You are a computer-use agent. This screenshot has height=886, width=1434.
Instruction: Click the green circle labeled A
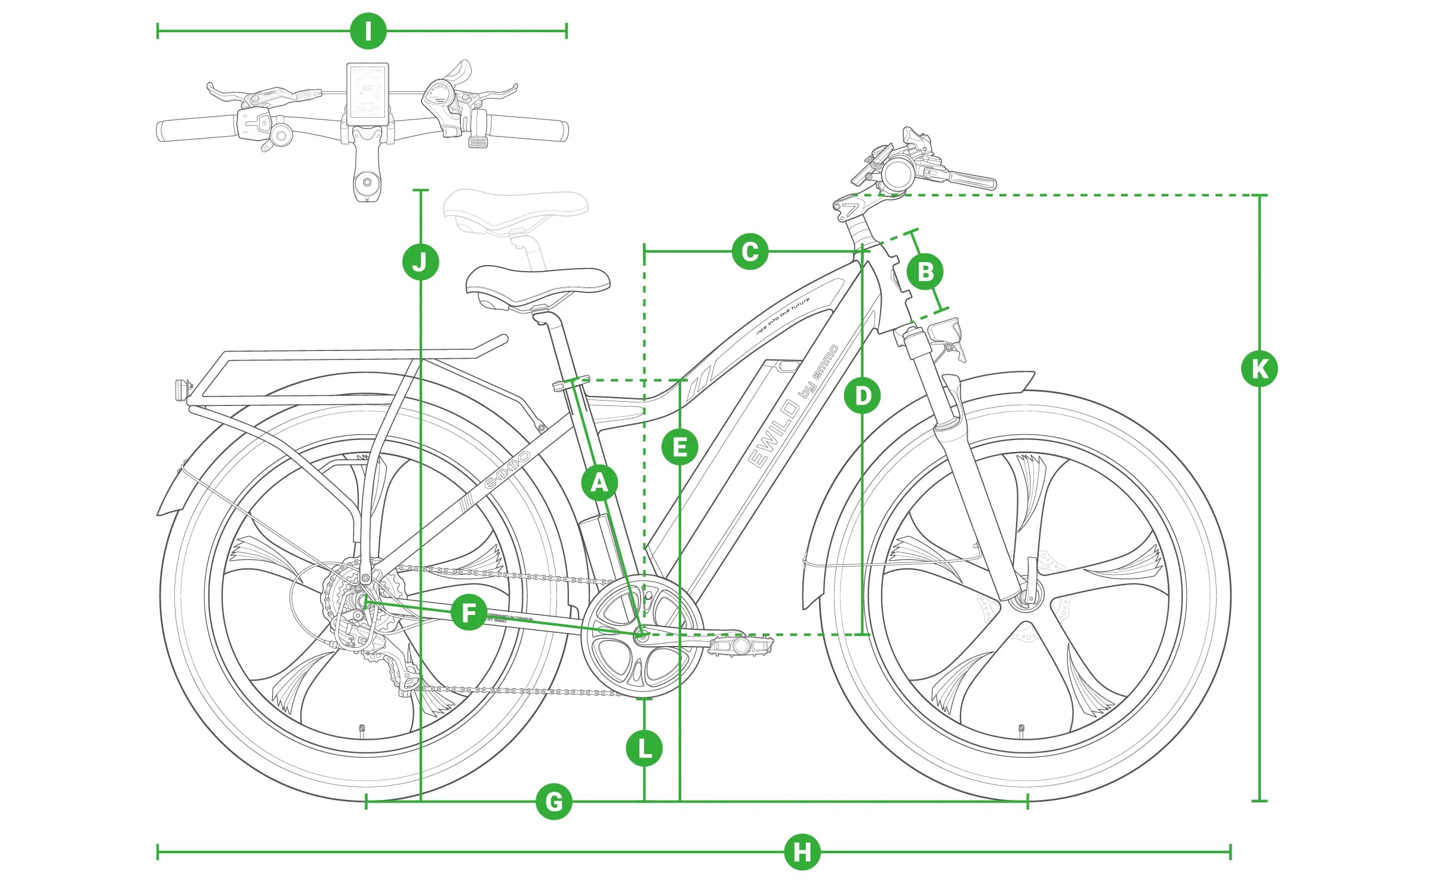coord(599,482)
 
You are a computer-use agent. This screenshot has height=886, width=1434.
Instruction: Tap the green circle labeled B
coord(925,272)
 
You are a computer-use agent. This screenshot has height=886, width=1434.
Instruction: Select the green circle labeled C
coord(750,251)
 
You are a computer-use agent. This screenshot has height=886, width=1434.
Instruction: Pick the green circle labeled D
coord(862,395)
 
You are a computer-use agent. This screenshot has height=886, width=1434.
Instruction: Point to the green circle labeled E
coord(679,447)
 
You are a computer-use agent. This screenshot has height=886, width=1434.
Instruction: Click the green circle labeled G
coord(553,801)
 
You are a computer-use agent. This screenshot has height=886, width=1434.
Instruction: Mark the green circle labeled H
coord(802,852)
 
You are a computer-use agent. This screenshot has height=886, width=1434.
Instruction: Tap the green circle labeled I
coord(368,31)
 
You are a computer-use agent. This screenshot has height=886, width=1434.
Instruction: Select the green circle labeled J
coord(420,262)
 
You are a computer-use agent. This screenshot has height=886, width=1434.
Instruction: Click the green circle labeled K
coord(1259,368)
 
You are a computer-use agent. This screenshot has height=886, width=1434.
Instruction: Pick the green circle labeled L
coord(644,748)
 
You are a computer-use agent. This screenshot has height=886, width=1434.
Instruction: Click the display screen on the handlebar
coord(367,94)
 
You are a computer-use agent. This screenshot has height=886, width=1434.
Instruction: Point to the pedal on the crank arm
coord(740,645)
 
